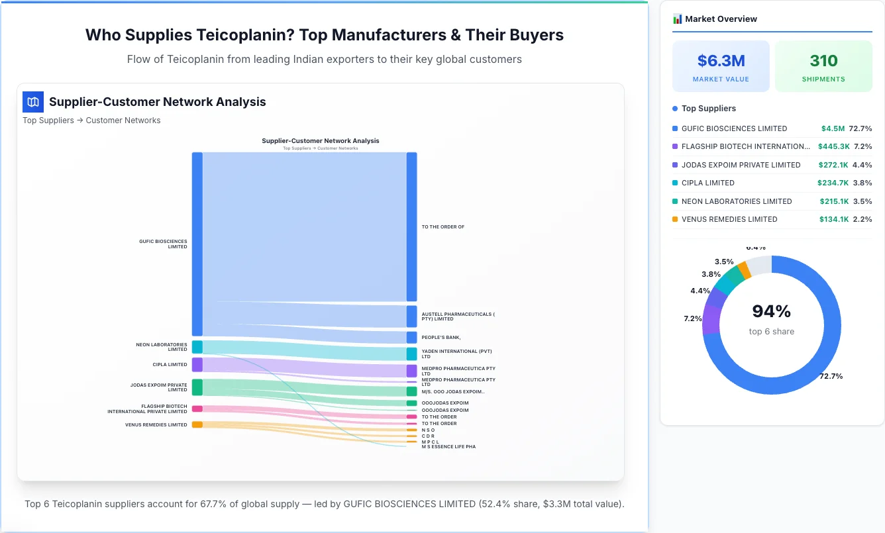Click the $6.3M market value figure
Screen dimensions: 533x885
click(721, 61)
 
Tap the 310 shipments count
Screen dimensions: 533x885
click(823, 61)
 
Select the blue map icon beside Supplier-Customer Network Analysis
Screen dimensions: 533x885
click(33, 102)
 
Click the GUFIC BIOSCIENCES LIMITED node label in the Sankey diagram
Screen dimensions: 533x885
click(163, 244)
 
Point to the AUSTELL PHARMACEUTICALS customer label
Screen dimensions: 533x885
click(458, 316)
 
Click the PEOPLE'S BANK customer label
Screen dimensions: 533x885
click(441, 338)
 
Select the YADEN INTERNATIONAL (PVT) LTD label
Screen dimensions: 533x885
click(456, 354)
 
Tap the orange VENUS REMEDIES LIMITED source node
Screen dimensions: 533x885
click(197, 424)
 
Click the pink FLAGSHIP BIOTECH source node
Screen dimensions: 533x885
click(197, 409)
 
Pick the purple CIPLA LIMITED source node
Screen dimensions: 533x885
click(197, 365)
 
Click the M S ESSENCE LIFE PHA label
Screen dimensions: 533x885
click(448, 447)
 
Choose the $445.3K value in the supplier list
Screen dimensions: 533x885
click(833, 146)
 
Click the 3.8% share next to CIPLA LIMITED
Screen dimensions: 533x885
click(862, 183)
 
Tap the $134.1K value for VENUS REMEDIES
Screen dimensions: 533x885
click(833, 219)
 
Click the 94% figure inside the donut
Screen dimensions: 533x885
click(771, 311)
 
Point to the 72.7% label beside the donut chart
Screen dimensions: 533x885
click(831, 376)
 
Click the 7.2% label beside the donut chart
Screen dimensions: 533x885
click(693, 318)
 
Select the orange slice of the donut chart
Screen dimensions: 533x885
click(745, 269)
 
